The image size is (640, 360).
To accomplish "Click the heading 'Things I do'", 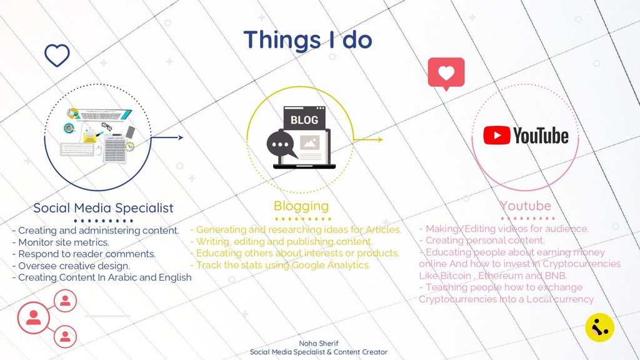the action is tap(307, 40).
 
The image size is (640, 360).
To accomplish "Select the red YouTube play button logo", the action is tap(497, 135).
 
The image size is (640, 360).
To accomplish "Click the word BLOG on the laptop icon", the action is tap(304, 120).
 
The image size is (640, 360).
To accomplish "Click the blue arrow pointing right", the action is tap(167, 137).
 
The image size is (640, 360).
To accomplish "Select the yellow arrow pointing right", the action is tap(368, 139).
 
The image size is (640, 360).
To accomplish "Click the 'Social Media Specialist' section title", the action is tap(103, 208).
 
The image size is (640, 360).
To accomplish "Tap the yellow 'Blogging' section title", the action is tap(301, 206).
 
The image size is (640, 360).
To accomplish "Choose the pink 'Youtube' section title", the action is tap(526, 206).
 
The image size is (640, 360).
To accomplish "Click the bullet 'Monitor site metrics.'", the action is tap(61, 242).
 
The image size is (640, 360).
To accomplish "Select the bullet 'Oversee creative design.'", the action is tap(71, 266).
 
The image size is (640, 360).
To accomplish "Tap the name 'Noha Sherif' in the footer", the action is tap(318, 343).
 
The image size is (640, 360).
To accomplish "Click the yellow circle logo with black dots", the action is tap(599, 327).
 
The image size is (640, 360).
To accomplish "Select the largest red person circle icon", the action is tap(34, 317).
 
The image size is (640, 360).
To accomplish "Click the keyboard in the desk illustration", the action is tap(77, 149).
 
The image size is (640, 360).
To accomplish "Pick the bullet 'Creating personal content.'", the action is tap(482, 241).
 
